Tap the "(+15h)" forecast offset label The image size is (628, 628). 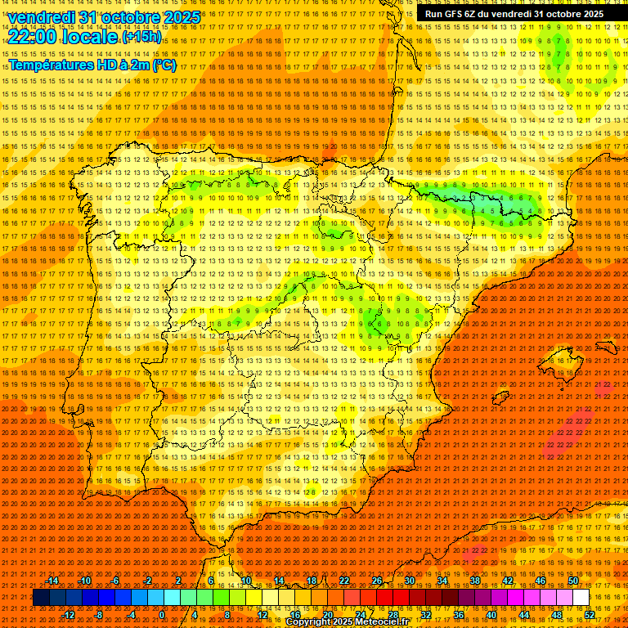coord(142,38)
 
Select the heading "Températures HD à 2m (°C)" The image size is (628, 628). coord(92,65)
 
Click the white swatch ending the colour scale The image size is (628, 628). coord(581,598)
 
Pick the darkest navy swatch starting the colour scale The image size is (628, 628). coord(41,598)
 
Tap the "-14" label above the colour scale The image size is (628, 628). coord(52,581)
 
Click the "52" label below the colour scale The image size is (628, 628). coord(590,614)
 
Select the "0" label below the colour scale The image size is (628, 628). coord(162,614)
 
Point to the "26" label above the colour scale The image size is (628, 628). coord(377,581)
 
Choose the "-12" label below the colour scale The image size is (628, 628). coord(69,614)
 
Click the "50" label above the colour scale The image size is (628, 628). coord(573,581)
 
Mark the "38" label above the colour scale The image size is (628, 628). coord(475,581)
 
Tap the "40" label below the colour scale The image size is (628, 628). coord(491,614)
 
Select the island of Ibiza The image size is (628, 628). coord(491,394)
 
